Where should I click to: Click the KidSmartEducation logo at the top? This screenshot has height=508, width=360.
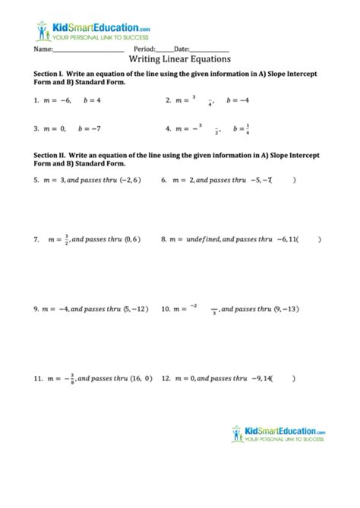pos(91,30)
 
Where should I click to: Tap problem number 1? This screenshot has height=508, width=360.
pos(36,100)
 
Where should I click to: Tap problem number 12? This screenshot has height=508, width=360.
pos(167,377)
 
